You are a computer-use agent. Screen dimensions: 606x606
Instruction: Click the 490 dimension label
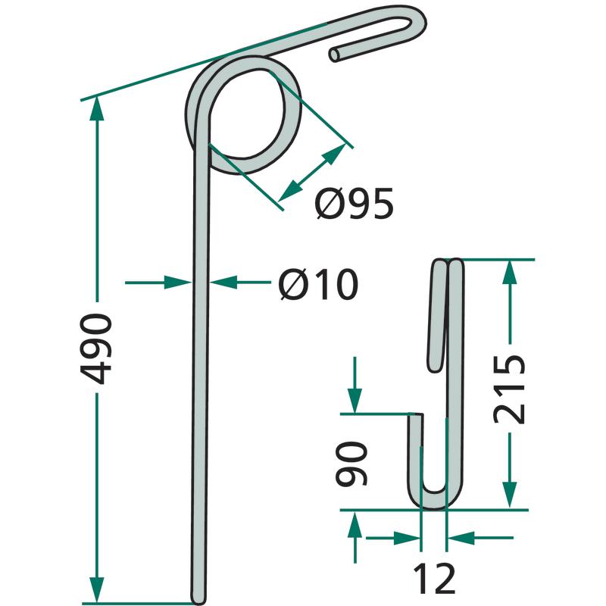(96, 348)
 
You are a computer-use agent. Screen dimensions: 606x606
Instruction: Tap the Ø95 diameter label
(354, 204)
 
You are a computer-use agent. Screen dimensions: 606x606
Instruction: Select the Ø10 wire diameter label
(318, 285)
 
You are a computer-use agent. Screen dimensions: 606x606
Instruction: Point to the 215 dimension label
(509, 389)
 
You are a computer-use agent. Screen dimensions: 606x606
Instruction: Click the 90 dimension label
(351, 464)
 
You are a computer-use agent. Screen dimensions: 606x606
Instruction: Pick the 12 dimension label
(434, 579)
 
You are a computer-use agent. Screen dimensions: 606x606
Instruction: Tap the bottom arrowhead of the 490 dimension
(97, 590)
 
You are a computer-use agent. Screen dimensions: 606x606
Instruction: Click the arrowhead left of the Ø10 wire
(177, 283)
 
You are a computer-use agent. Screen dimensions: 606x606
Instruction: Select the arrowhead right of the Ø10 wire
(223, 283)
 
